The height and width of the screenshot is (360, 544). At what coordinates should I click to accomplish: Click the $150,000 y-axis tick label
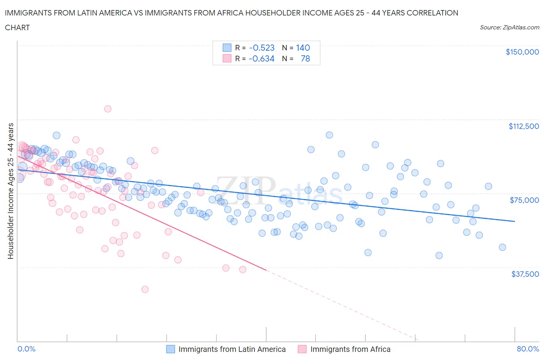(522, 52)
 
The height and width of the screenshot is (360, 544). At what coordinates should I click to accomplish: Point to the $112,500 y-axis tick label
(523, 126)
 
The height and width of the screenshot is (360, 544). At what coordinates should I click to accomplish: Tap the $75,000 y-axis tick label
(524, 200)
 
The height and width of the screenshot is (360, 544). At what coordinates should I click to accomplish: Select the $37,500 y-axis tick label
(525, 274)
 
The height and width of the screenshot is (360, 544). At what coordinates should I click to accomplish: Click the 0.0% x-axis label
(26, 349)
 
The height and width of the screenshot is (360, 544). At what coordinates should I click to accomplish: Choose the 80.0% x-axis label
(528, 349)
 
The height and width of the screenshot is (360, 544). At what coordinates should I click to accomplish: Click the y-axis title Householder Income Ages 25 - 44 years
(11, 191)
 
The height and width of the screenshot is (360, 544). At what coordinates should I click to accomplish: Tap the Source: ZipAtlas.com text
(509, 27)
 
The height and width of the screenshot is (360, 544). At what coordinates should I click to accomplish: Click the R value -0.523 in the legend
(262, 48)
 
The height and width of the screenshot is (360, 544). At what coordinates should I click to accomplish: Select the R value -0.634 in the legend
(262, 58)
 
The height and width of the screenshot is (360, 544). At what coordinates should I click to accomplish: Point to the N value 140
(303, 48)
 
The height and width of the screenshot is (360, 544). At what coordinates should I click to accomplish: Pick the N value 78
(305, 58)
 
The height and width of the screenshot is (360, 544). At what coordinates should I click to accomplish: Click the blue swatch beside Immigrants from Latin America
(171, 349)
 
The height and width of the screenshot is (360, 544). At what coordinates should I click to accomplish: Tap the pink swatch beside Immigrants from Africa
(302, 349)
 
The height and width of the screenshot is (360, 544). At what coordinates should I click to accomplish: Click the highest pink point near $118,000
(108, 109)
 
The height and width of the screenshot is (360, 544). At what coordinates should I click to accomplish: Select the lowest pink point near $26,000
(145, 289)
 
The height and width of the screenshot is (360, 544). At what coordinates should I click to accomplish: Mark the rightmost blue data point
(502, 247)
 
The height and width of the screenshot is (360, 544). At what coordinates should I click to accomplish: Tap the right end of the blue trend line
(515, 221)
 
